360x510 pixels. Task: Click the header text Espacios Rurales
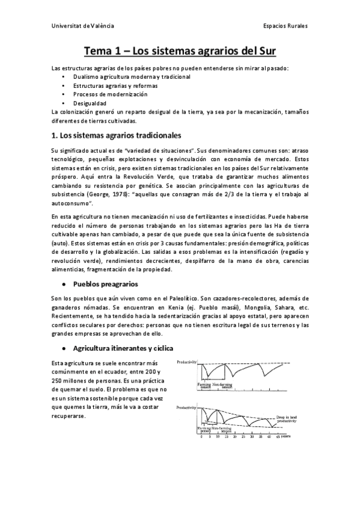click(285, 27)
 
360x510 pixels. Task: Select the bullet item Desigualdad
click(90, 103)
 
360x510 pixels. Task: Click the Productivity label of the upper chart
click(189, 363)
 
